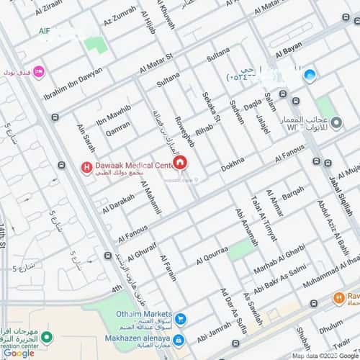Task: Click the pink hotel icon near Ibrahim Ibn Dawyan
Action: click(x=39, y=71)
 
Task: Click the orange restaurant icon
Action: click(x=337, y=297)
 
